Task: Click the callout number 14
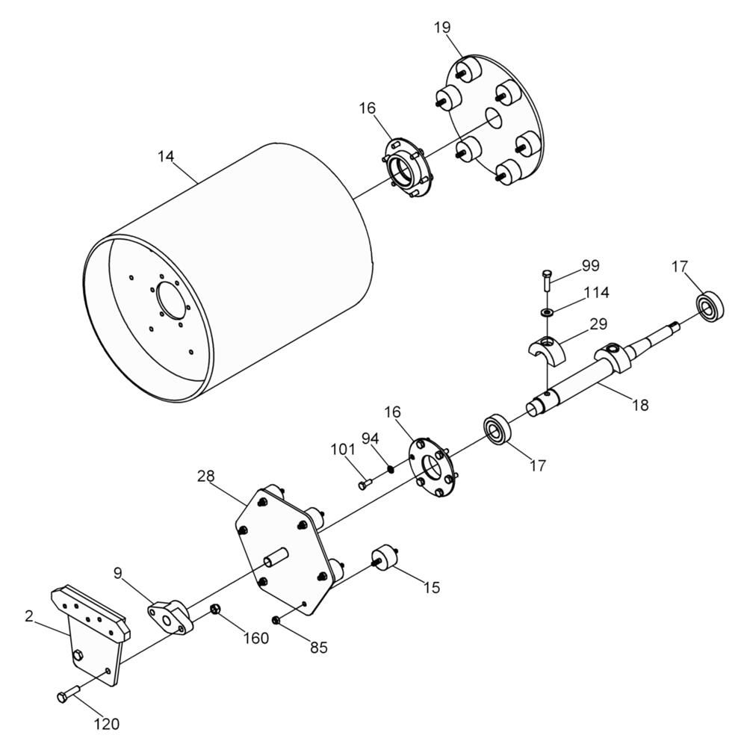point(166,156)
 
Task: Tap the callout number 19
point(442,28)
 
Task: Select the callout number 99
point(590,266)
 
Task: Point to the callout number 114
point(596,292)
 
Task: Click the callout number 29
point(598,324)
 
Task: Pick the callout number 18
point(640,405)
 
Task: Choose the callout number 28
point(206,476)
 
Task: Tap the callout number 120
point(106,724)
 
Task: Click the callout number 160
point(256,638)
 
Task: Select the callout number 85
point(319,648)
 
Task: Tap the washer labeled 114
point(547,312)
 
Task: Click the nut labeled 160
point(215,608)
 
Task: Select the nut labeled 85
point(276,620)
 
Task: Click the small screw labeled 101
point(365,485)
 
